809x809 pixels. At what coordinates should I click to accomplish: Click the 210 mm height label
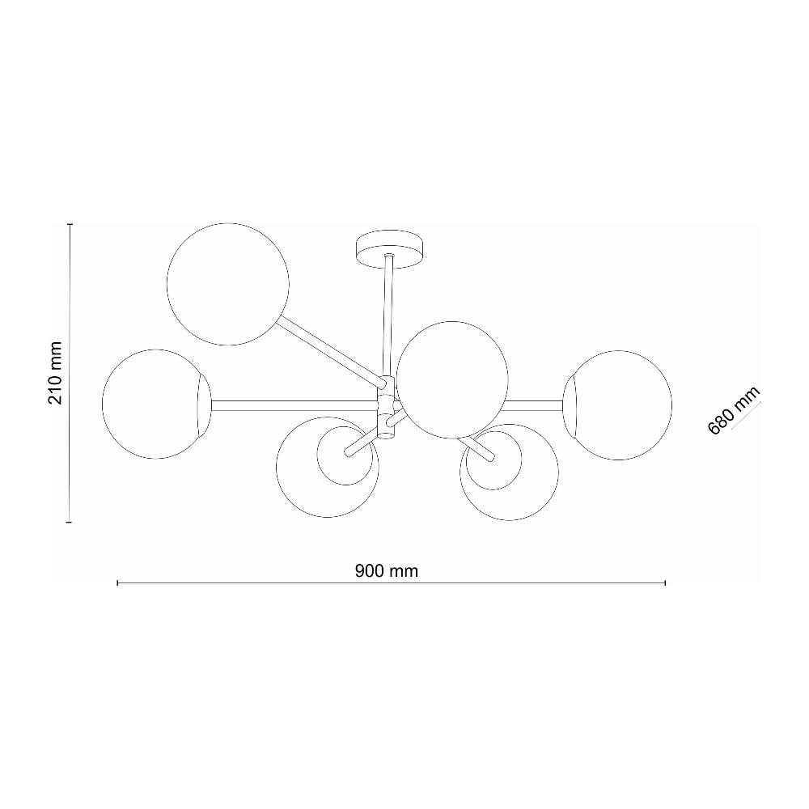pos(55,373)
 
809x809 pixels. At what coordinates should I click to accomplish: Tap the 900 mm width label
pos(386,570)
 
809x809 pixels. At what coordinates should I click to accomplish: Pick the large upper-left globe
pos(227,285)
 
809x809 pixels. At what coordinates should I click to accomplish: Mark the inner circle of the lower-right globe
pos(495,461)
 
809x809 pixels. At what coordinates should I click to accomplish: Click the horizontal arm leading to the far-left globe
pos(291,402)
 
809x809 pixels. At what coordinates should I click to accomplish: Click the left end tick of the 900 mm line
pos(118,582)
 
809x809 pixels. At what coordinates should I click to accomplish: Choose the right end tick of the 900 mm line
pos(665,582)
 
